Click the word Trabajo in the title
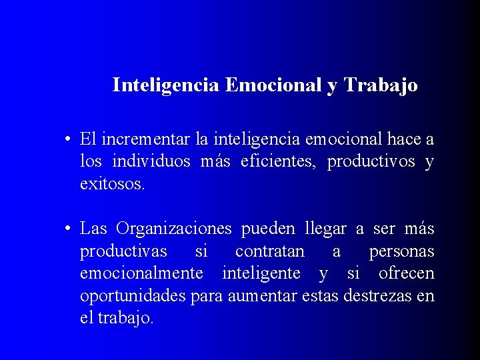pyautogui.click(x=381, y=86)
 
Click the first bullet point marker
pyautogui.click(x=68, y=140)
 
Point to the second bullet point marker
pyautogui.click(x=68, y=229)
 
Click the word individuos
pyautogui.click(x=151, y=162)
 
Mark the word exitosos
pyautogui.click(x=112, y=184)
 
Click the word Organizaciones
pyautogui.click(x=173, y=229)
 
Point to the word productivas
pyautogui.click(x=123, y=252)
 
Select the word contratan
pyautogui.click(x=269, y=252)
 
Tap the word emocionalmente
pyautogui.click(x=141, y=274)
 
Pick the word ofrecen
pyautogui.click(x=406, y=274)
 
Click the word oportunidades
pyautogui.click(x=133, y=296)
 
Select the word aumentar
pyautogui.click(x=257, y=296)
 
